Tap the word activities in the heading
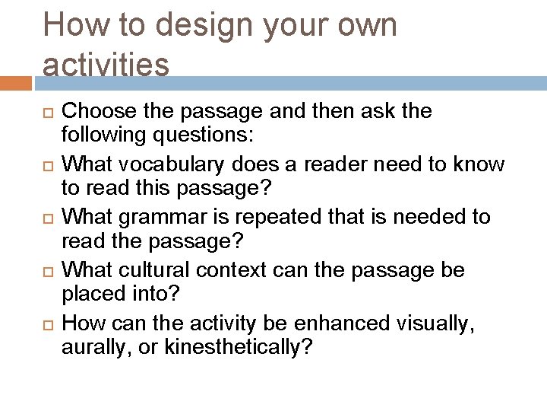tap(106, 65)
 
